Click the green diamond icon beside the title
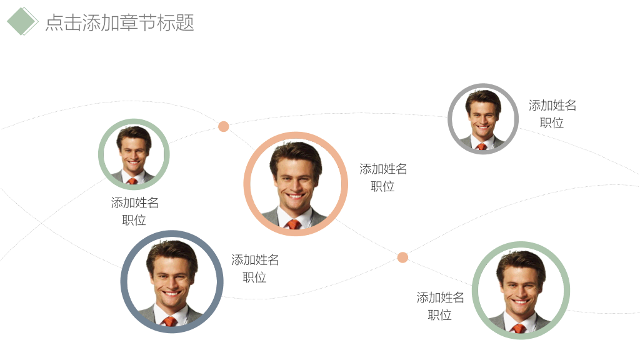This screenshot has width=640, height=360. pyautogui.click(x=22, y=21)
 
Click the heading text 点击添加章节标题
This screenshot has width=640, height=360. pyautogui.click(x=119, y=22)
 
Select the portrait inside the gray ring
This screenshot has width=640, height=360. pyautogui.click(x=483, y=119)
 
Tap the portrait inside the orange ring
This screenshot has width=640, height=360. pyautogui.click(x=296, y=184)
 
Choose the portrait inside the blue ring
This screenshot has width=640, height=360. pyautogui.click(x=172, y=282)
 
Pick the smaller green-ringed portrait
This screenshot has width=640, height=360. pyautogui.click(x=134, y=154)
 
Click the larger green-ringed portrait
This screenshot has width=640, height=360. pyautogui.click(x=521, y=290)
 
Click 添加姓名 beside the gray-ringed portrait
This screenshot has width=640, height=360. pyautogui.click(x=552, y=105)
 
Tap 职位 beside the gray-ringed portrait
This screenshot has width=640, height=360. pyautogui.click(x=552, y=123)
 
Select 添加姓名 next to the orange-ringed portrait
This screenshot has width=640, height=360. pyautogui.click(x=383, y=169)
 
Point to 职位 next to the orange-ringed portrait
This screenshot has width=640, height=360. pyautogui.click(x=382, y=186)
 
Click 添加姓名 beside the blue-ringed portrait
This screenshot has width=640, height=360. pyautogui.click(x=255, y=259)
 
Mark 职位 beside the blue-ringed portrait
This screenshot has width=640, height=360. pyautogui.click(x=254, y=277)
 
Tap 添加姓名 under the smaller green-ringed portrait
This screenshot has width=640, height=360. pyautogui.click(x=135, y=202)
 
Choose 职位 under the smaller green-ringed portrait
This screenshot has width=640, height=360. pyautogui.click(x=134, y=221)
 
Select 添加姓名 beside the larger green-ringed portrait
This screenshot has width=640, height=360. pyautogui.click(x=440, y=297)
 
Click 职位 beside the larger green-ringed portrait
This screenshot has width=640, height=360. pyautogui.click(x=439, y=315)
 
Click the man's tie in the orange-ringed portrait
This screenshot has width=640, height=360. pyautogui.click(x=294, y=224)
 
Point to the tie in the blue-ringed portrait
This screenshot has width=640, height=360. pyautogui.click(x=169, y=321)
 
